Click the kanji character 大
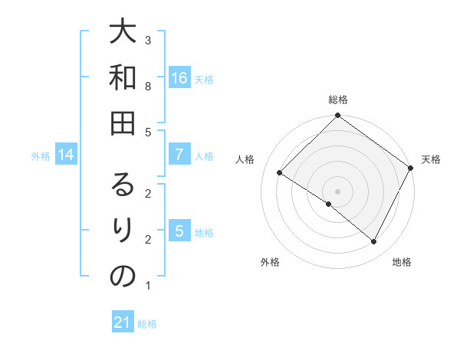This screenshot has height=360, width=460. [x=123, y=33]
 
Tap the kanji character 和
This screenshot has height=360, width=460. [x=123, y=78]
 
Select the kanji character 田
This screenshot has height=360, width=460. [x=123, y=125]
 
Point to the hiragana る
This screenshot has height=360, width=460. [x=123, y=185]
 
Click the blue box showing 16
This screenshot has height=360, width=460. [x=179, y=78]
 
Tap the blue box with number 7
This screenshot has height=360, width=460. [x=179, y=155]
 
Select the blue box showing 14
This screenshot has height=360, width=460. [x=66, y=155]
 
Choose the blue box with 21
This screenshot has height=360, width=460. [x=123, y=322]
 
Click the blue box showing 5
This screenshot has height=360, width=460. [x=179, y=231]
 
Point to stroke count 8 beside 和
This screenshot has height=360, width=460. [x=148, y=87]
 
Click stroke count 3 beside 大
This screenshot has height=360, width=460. [x=148, y=40]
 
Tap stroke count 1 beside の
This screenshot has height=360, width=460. [x=148, y=286]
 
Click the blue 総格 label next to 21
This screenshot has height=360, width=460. [x=147, y=324]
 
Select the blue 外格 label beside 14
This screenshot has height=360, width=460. [x=41, y=156]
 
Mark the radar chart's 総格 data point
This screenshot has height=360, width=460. [x=337, y=116]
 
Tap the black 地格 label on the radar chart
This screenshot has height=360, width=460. [x=402, y=262]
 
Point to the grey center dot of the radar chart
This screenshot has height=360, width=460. [x=337, y=191]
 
